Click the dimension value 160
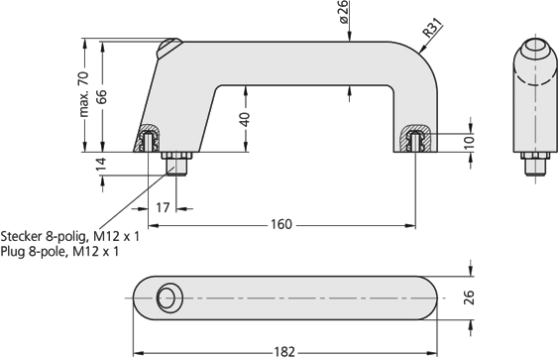pyautogui.click(x=281, y=224)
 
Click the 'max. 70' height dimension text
pyautogui.click(x=83, y=94)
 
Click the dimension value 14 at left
pyautogui.click(x=100, y=164)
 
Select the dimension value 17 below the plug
pyautogui.click(x=164, y=206)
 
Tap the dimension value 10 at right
pyautogui.click(x=470, y=142)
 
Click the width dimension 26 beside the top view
pyautogui.click(x=470, y=298)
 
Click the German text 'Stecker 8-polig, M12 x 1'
pyautogui.click(x=70, y=237)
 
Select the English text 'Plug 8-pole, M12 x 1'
pyautogui.click(x=60, y=252)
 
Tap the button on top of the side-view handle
pyautogui.click(x=170, y=46)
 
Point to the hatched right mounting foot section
pyautogui.click(x=414, y=139)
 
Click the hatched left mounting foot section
pyautogui.click(x=152, y=139)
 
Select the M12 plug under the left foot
pyautogui.click(x=178, y=162)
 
